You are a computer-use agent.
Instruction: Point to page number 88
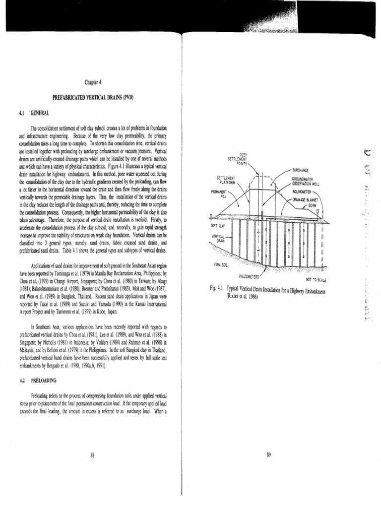click(x=93, y=455)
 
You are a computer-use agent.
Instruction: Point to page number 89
click(x=268, y=455)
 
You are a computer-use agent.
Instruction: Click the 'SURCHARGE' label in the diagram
click(x=301, y=170)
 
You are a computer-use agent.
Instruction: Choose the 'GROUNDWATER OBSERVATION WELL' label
click(x=306, y=181)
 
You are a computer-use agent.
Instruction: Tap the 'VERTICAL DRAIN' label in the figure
click(x=219, y=238)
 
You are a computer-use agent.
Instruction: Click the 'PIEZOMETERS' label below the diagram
click(x=249, y=276)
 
